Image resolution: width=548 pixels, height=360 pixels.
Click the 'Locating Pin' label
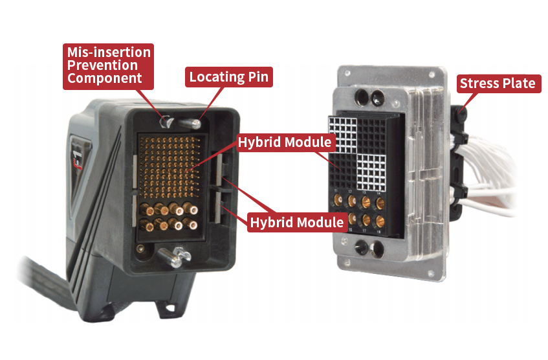(x=228, y=77)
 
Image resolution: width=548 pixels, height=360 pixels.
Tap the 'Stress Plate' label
(x=498, y=83)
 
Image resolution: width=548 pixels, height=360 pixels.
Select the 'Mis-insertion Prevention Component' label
(x=107, y=65)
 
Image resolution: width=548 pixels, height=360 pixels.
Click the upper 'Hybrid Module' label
(x=284, y=142)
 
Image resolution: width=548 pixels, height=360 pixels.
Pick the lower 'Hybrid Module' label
(x=296, y=222)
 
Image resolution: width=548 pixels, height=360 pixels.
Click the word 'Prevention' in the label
(x=103, y=65)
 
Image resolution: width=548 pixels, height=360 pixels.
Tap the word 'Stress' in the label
(x=481, y=83)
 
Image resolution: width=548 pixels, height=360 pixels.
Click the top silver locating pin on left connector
(x=194, y=120)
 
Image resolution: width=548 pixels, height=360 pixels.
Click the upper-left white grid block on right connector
(x=344, y=133)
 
